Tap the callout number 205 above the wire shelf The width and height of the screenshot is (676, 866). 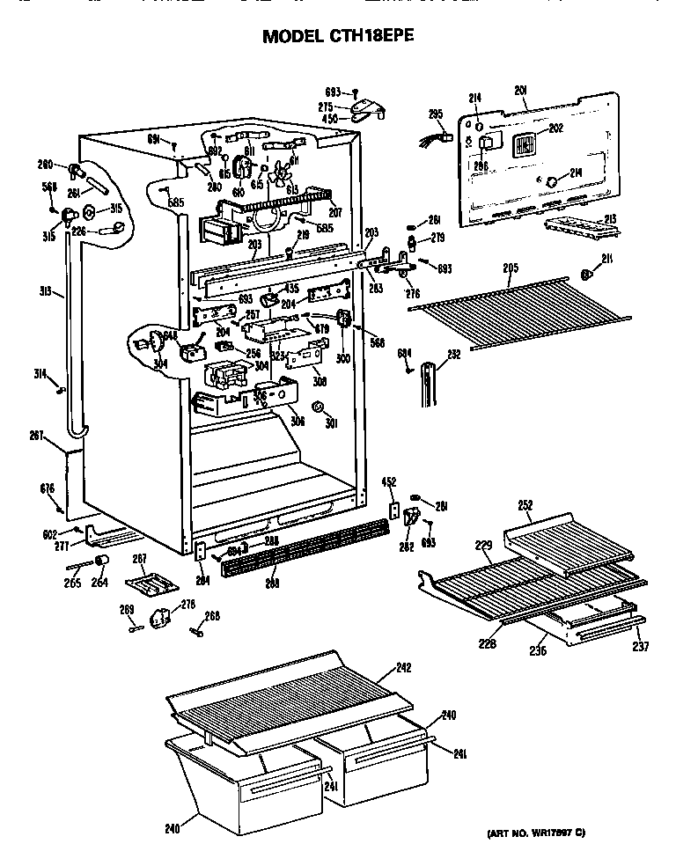tap(510, 268)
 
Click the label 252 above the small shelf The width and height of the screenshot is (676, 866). tap(525, 505)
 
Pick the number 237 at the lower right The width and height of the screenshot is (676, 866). tap(640, 648)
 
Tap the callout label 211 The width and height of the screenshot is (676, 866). tap(606, 257)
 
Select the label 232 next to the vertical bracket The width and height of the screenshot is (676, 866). tap(454, 355)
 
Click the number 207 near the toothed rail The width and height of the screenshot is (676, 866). tap(334, 212)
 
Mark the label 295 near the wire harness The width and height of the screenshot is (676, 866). tap(436, 113)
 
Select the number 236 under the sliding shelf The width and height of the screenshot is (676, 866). tap(538, 650)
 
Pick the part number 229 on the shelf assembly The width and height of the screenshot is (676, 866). tap(483, 547)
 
